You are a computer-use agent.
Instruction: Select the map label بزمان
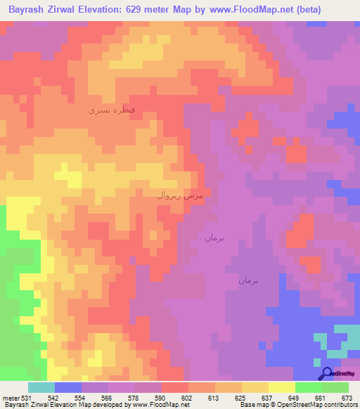(x=214, y=238)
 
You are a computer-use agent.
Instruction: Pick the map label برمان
(x=248, y=280)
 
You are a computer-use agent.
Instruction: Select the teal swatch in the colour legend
(x=41, y=387)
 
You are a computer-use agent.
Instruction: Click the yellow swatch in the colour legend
(x=281, y=387)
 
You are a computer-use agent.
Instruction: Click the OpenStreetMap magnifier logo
(x=326, y=374)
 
